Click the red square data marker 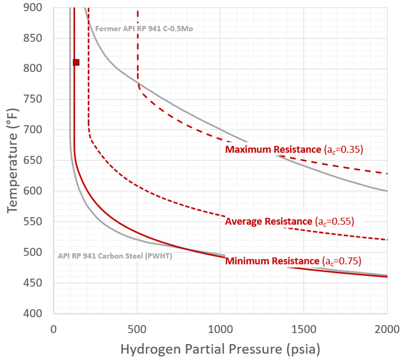click(76, 62)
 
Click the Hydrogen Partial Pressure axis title click(220, 348)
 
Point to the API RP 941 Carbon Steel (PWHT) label click(115, 255)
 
